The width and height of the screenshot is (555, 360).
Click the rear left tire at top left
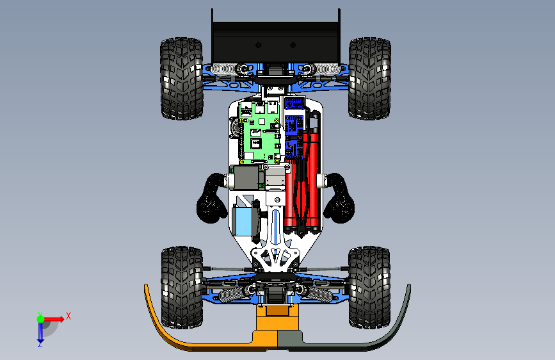182,78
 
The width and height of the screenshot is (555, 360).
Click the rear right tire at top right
370,78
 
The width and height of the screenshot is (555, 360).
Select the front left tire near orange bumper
182,288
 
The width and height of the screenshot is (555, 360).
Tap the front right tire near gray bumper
369,288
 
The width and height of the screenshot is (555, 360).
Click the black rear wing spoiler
276,39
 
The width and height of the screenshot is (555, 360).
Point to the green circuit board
260,133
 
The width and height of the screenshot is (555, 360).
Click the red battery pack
303,181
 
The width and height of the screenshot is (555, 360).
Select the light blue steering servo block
243,222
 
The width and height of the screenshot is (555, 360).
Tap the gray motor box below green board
246,177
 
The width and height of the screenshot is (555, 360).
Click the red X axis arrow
53,319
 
